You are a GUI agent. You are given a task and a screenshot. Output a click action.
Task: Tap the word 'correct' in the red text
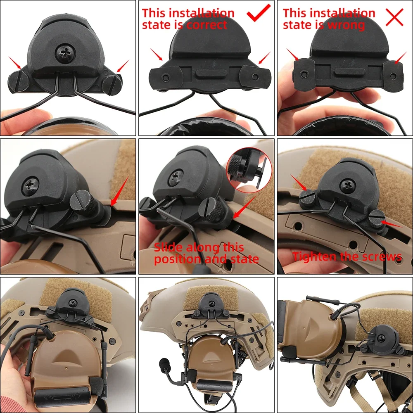(x=206, y=25)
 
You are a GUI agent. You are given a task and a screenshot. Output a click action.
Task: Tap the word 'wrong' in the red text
(x=346, y=25)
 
